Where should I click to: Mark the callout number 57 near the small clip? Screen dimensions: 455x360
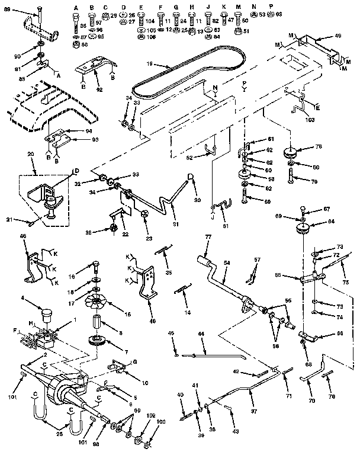(257, 259)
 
